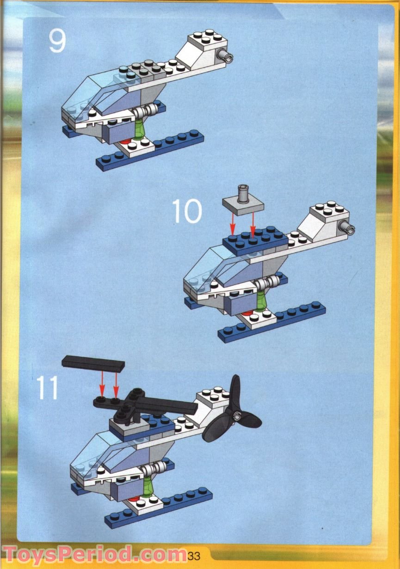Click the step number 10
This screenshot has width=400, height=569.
[187, 211]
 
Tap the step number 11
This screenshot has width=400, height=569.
[48, 388]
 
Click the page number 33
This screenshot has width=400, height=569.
[194, 555]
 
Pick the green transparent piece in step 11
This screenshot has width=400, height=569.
[148, 486]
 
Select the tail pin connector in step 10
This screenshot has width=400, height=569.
[346, 226]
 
